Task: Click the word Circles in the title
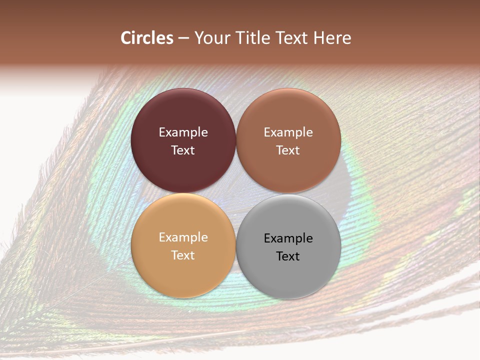[x=147, y=38]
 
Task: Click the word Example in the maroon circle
[x=183, y=132]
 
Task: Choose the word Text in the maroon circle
[x=183, y=150]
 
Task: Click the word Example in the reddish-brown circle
[x=288, y=132]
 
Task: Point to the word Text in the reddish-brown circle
[x=288, y=150]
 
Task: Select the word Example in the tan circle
[x=183, y=237]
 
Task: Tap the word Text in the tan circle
[x=183, y=255]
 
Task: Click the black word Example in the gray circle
[x=288, y=238]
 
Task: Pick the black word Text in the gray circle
[x=288, y=256]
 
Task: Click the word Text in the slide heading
[x=294, y=38]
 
